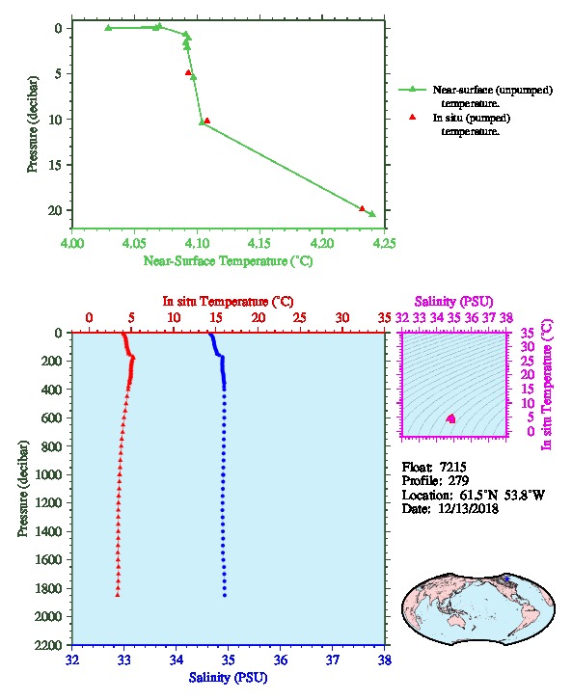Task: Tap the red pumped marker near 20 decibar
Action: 362,208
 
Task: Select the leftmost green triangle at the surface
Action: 108,28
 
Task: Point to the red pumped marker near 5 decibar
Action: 188,72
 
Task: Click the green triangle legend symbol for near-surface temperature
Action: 412,90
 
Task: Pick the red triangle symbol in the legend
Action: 413,117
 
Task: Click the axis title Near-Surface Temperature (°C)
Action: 228,261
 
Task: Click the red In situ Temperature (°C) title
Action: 228,302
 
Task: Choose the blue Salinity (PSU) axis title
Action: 229,678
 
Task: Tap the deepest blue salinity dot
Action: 225,595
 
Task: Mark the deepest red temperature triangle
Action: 118,594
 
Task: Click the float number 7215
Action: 452,467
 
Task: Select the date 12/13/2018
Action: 468,508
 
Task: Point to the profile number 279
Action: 458,481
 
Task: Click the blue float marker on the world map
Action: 506,579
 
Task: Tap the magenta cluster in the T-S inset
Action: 451,418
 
